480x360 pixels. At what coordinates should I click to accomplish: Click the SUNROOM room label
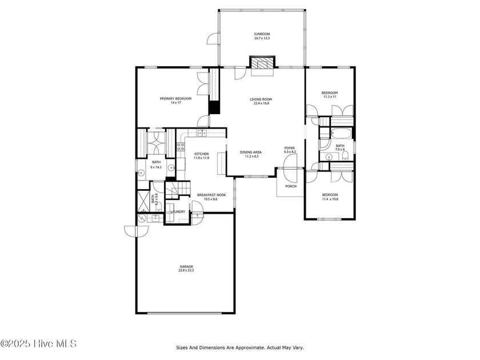click(262, 34)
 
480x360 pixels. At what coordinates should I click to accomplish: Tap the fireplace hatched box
click(262, 62)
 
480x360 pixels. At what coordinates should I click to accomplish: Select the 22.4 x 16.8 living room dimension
click(261, 103)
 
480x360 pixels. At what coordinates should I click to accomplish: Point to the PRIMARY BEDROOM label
click(176, 98)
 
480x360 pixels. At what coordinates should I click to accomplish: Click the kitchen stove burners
click(181, 147)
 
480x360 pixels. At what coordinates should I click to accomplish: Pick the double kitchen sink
click(202, 133)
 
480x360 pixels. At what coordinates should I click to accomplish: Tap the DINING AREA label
click(251, 152)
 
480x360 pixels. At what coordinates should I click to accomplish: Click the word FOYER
click(289, 148)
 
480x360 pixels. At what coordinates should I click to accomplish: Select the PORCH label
click(291, 186)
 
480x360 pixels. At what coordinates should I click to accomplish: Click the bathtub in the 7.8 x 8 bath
click(340, 134)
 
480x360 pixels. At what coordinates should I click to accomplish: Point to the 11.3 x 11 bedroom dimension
click(330, 97)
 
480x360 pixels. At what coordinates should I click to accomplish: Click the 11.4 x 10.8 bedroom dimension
click(330, 199)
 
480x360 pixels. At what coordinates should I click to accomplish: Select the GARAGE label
click(186, 267)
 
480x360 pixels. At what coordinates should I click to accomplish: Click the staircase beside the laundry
click(178, 190)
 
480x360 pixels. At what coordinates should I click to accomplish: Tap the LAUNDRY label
click(178, 212)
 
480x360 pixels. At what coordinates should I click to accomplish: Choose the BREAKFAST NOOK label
click(211, 195)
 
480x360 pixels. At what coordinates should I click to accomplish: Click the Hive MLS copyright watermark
click(38, 344)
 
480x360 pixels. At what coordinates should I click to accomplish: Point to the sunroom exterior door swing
click(213, 39)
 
